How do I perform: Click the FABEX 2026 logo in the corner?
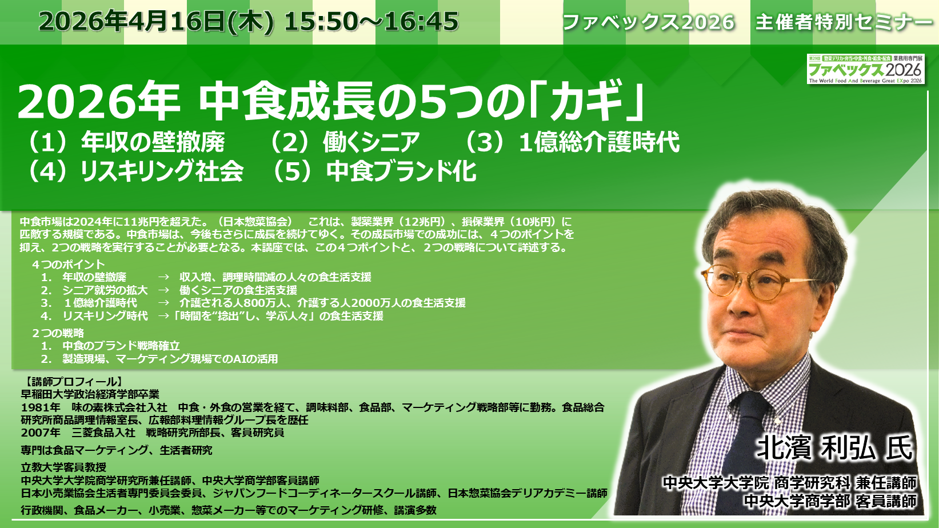(x=866, y=69)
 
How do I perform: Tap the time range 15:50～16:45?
(x=371, y=22)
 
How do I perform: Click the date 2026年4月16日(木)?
(x=157, y=22)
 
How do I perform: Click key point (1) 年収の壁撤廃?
(x=125, y=142)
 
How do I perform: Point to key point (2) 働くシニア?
(x=343, y=142)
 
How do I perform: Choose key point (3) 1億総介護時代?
(x=570, y=142)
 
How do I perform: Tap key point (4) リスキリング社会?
(x=134, y=171)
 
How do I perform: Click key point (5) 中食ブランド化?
(x=373, y=171)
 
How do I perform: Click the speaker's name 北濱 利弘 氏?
(x=834, y=447)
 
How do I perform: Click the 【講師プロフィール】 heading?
(x=72, y=381)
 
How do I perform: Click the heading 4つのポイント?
(x=69, y=265)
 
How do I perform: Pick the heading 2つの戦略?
(x=58, y=333)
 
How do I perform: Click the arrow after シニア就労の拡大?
(x=163, y=290)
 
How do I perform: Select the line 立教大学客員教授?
(x=63, y=467)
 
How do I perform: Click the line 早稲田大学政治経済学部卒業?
(x=90, y=394)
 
